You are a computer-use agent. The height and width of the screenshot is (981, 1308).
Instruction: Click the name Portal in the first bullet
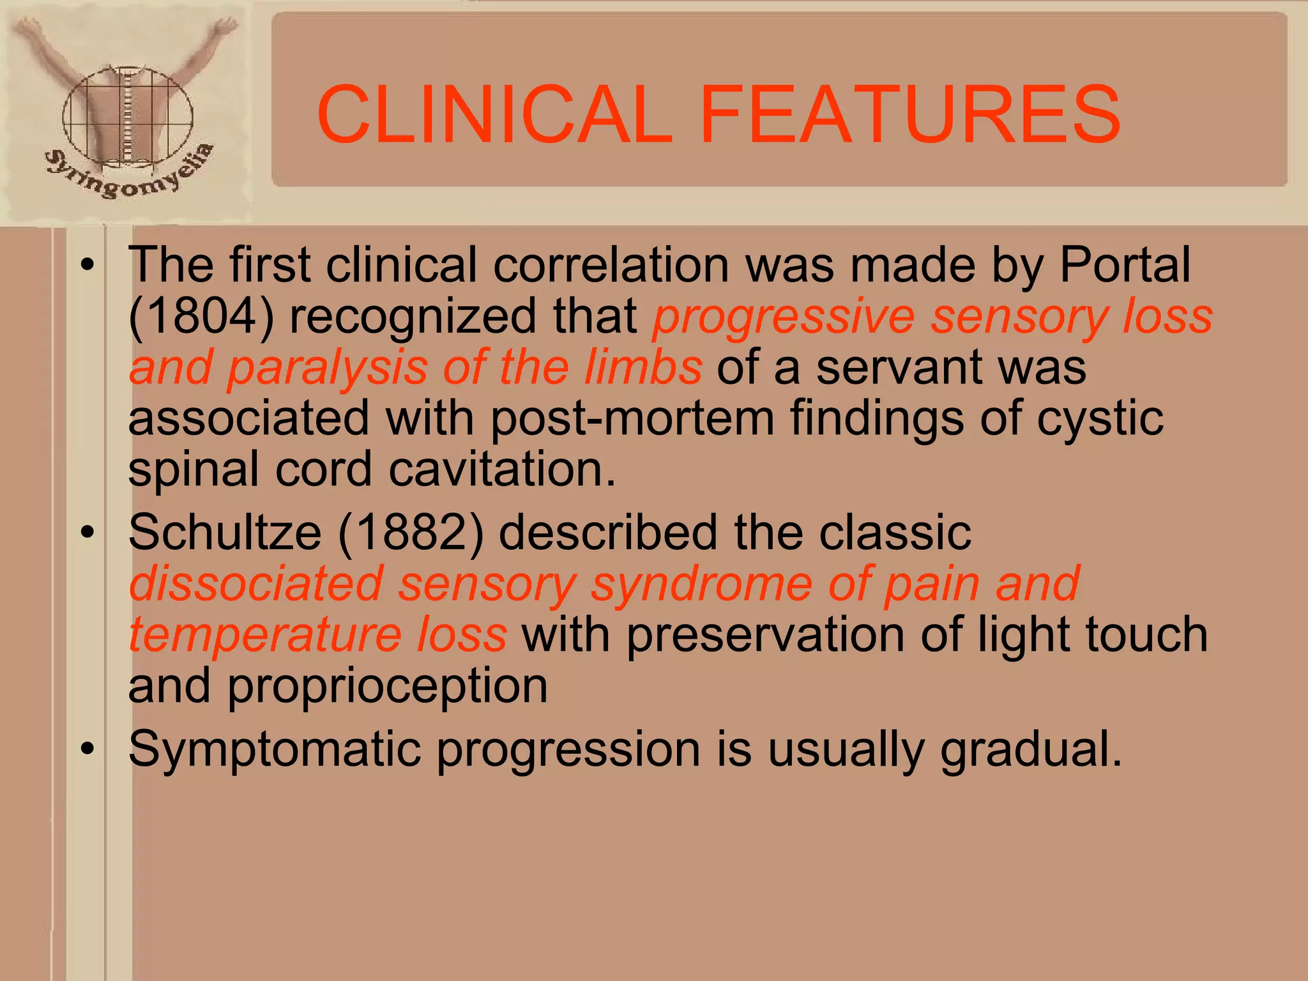[1125, 264]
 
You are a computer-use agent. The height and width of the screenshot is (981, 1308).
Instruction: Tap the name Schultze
[225, 533]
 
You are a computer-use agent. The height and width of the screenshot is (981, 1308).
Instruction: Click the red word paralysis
[327, 369]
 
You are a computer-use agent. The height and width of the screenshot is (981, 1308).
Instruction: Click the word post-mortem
[632, 419]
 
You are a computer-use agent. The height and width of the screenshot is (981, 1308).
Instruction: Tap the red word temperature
[265, 636]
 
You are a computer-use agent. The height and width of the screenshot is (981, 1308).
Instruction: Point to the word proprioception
[387, 687]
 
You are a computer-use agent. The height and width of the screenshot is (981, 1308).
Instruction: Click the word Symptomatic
[275, 750]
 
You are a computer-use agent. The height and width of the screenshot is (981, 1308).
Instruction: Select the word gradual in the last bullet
[1030, 750]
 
